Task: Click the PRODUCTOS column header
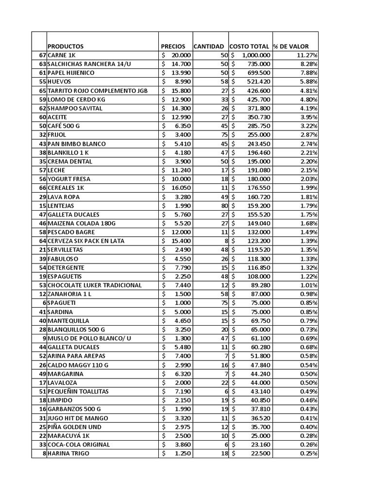point(66,46)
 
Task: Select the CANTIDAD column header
point(209,46)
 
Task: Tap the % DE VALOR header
point(291,46)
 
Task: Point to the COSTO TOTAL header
point(249,46)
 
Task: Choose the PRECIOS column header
point(173,46)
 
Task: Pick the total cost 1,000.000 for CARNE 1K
point(253,55)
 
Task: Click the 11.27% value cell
point(307,55)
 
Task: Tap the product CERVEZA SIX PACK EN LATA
point(86,241)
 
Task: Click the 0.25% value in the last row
point(309,453)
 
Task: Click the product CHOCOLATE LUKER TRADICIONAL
point(95,285)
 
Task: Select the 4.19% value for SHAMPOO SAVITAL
point(309,108)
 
